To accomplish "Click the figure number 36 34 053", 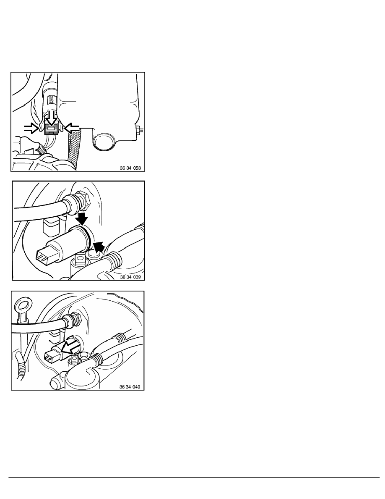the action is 130,168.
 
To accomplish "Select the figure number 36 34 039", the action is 130,277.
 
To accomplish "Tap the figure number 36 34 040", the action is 130,387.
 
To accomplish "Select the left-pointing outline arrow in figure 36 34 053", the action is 71,128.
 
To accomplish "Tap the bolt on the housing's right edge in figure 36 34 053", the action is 140,130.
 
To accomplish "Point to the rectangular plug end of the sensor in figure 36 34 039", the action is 44,257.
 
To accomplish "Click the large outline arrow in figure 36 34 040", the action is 70,347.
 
